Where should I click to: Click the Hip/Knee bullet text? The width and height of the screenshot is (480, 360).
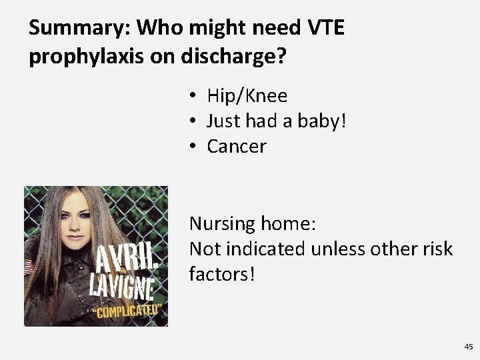[247, 96]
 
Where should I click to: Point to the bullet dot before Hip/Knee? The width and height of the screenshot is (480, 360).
[191, 96]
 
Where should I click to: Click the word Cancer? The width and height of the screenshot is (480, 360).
[237, 146]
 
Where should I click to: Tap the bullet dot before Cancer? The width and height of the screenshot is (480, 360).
[191, 146]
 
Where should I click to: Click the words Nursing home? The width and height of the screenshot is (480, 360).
[253, 224]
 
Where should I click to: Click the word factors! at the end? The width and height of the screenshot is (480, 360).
[222, 274]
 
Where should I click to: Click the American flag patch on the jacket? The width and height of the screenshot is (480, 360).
[28, 267]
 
